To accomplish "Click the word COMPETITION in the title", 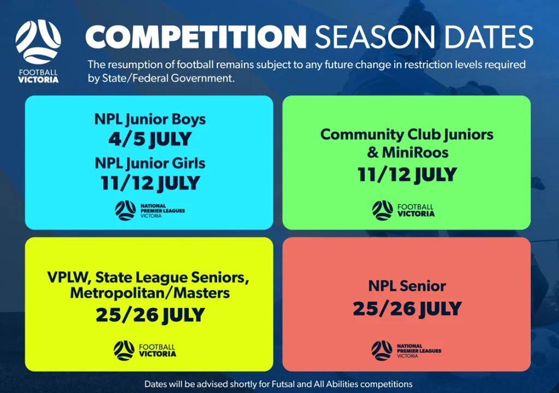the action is pos(196,37).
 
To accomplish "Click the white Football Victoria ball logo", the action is pos(38,42).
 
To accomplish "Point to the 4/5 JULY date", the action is pos(150,139).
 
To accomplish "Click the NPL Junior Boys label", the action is pos(150,120).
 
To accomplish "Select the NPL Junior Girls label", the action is pos(150,163).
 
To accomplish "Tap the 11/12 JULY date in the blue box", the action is pos(150,183).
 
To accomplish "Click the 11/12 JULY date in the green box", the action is pos(407,174).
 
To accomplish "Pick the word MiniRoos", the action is pos(415,152).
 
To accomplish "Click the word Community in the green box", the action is pos(362,134).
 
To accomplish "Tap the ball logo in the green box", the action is pos(382,210).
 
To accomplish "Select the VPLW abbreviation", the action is pos(69,277).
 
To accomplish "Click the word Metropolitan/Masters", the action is pos(150,293).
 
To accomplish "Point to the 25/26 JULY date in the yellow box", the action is pos(150,315).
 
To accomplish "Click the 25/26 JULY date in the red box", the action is pos(407,309).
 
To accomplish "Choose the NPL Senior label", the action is pos(407,286).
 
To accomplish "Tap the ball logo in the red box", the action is pos(382,350).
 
